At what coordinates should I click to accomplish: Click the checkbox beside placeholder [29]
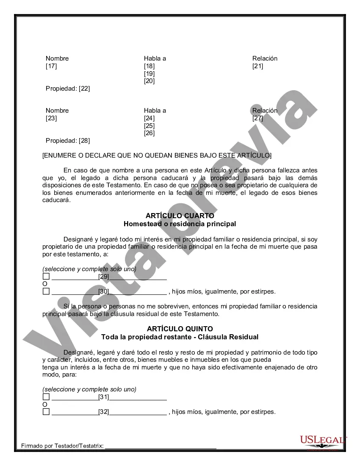pyautogui.click(x=46, y=276)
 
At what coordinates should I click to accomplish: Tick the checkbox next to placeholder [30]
pyautogui.click(x=46, y=291)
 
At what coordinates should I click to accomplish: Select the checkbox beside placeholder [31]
pyautogui.click(x=46, y=397)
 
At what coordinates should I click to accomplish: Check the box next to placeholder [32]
pyautogui.click(x=46, y=411)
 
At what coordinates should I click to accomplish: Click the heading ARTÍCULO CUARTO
pyautogui.click(x=180, y=216)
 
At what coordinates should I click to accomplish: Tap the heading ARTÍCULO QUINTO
pyautogui.click(x=180, y=329)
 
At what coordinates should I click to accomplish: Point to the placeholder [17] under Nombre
pyautogui.click(x=51, y=66)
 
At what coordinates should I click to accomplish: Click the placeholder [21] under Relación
pyautogui.click(x=258, y=66)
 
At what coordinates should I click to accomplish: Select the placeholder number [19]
pyautogui.click(x=149, y=74)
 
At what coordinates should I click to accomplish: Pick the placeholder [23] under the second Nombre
pyautogui.click(x=51, y=118)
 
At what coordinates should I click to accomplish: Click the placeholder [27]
pyautogui.click(x=258, y=118)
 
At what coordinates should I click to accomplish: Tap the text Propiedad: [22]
pyautogui.click(x=68, y=89)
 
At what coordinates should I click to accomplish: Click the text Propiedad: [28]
pyautogui.click(x=68, y=141)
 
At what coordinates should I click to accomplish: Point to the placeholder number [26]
pyautogui.click(x=149, y=133)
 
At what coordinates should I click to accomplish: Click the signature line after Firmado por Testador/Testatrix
pyautogui.click(x=161, y=447)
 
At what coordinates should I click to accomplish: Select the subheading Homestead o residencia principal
pyautogui.click(x=180, y=224)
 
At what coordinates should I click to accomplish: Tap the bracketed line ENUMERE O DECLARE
pyautogui.click(x=157, y=155)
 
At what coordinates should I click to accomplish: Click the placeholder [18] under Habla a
pyautogui.click(x=149, y=66)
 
